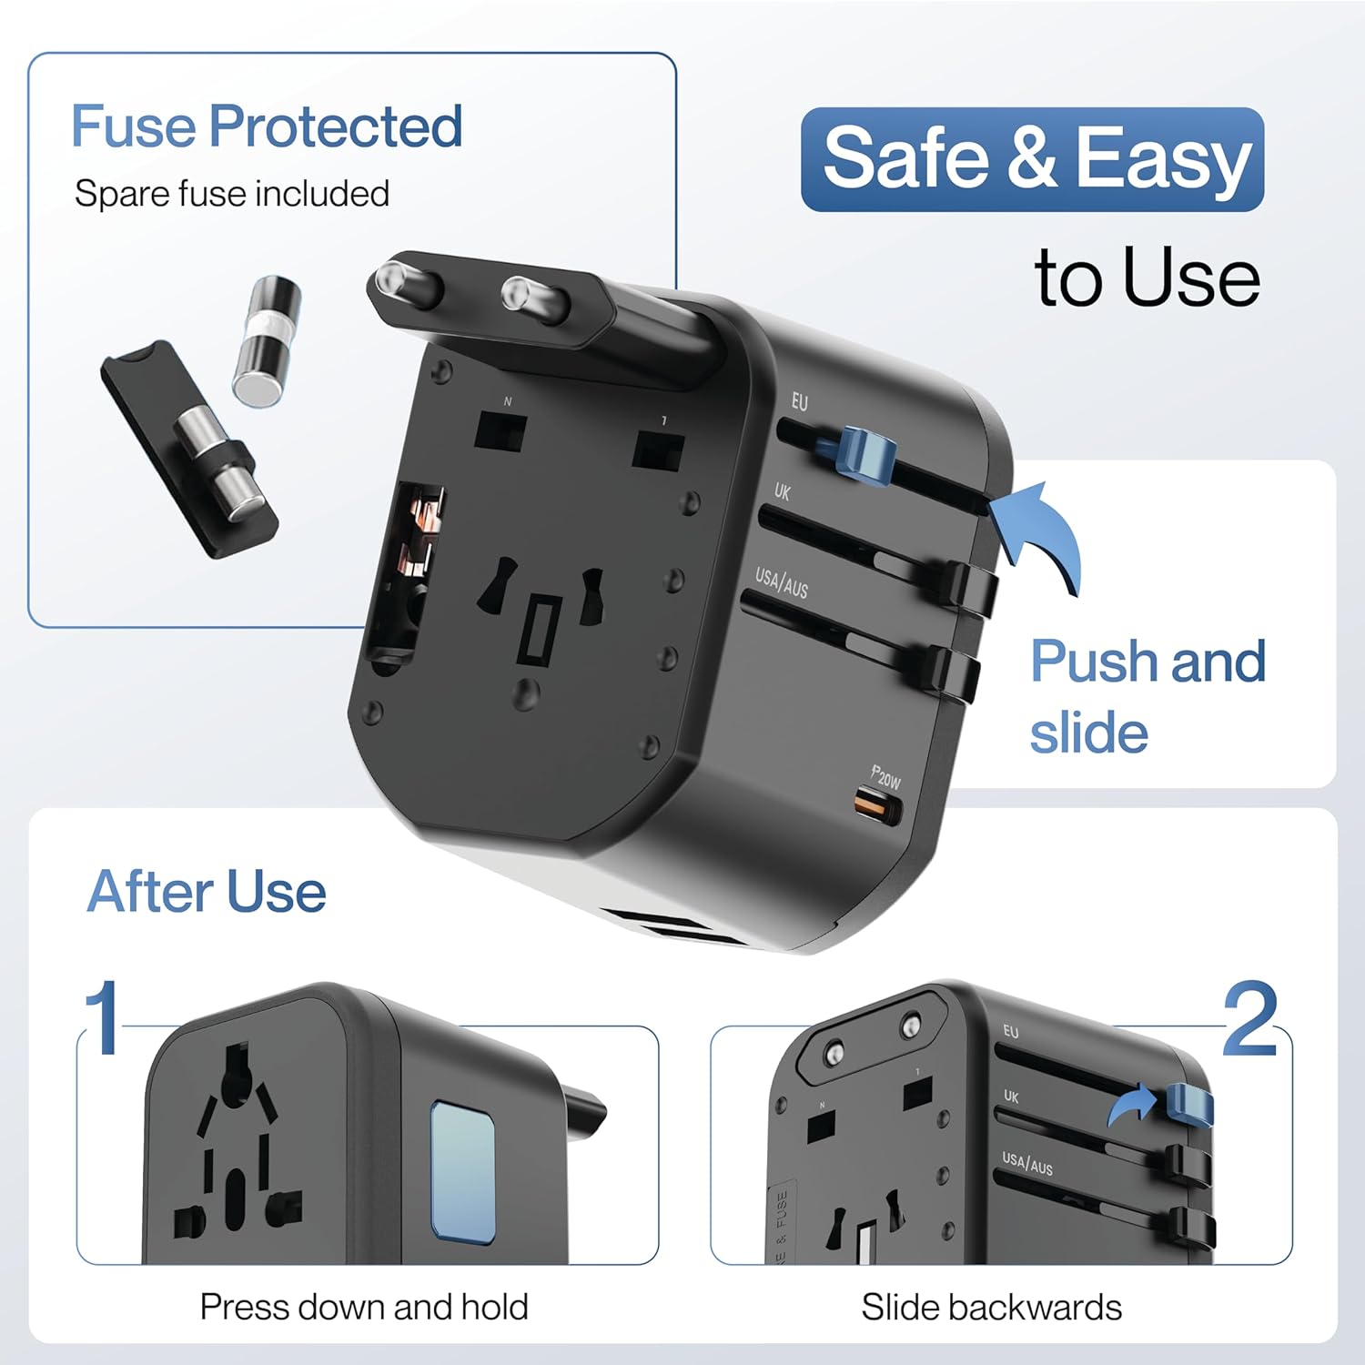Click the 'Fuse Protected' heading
pyautogui.click(x=267, y=126)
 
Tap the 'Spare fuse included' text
pyautogui.click(x=232, y=194)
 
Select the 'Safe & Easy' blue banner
pyautogui.click(x=1032, y=159)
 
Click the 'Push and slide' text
pyautogui.click(x=1147, y=696)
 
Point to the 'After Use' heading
pyautogui.click(x=207, y=891)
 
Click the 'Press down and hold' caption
pyautogui.click(x=364, y=1307)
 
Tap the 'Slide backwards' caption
pyautogui.click(x=991, y=1307)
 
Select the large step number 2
pyautogui.click(x=1249, y=1019)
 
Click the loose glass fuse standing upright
pyautogui.click(x=266, y=340)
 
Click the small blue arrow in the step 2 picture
pyautogui.click(x=1131, y=1107)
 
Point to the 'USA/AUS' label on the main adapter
pyautogui.click(x=781, y=582)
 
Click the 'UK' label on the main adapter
pyautogui.click(x=782, y=492)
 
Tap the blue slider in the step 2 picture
pyautogui.click(x=1188, y=1103)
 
